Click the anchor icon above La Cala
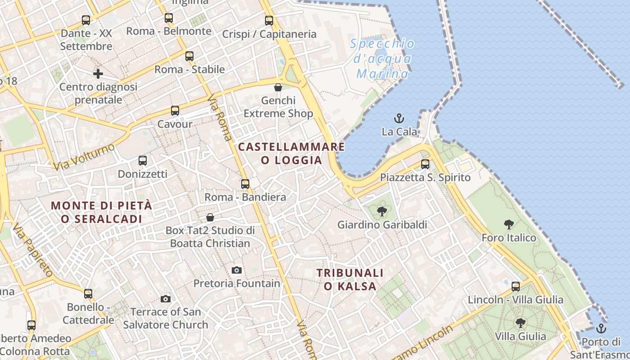tap(399, 119)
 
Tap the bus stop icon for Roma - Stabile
tap(189, 56)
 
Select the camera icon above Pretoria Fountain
tap(237, 270)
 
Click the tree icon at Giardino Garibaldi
tap(382, 211)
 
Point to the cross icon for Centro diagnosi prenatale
tap(98, 73)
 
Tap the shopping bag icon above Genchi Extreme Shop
tap(278, 87)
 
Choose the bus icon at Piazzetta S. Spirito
tap(425, 164)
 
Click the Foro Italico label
tap(509, 238)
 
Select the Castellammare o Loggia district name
tap(292, 153)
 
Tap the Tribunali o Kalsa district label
tap(350, 279)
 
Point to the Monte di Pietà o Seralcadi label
tap(102, 212)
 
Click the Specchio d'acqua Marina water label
tap(382, 58)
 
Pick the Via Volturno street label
tap(84, 157)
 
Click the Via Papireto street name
tap(33, 249)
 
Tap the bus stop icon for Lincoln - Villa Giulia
tap(516, 286)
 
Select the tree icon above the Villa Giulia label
tap(521, 323)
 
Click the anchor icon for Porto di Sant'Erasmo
tap(601, 328)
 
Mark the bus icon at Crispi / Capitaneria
tap(269, 20)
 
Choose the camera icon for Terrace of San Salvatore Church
tap(166, 299)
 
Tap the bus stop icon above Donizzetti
tap(143, 160)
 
